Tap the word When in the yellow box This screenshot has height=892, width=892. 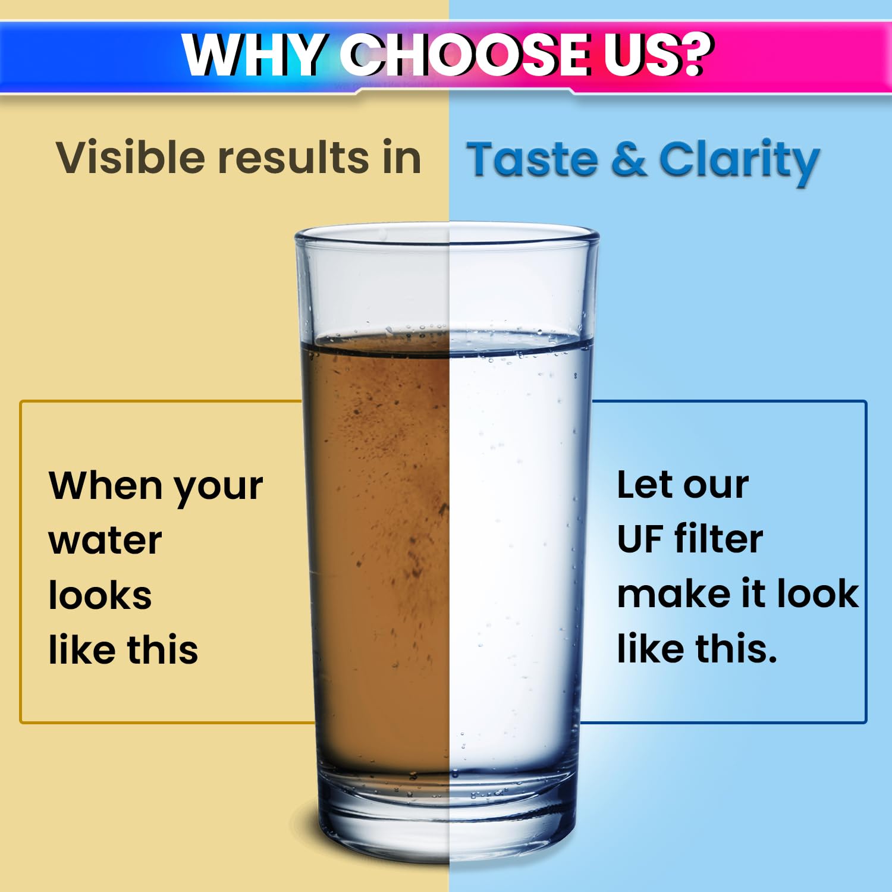pos(106,486)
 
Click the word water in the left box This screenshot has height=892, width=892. pos(105,541)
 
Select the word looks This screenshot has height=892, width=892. pos(100,595)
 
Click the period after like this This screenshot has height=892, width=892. pos(771,659)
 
